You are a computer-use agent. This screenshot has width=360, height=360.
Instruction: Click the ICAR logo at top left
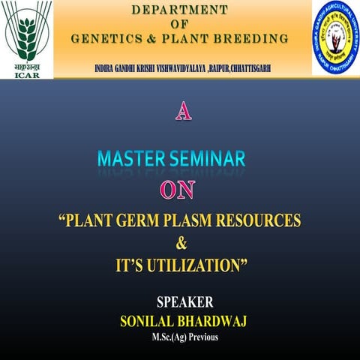click(x=26, y=37)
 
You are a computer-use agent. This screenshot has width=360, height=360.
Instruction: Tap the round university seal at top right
click(x=335, y=37)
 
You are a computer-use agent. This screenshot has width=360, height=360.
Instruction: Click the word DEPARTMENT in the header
click(x=179, y=10)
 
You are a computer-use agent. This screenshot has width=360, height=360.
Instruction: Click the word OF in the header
click(x=179, y=24)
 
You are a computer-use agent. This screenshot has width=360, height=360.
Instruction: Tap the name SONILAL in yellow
click(x=149, y=320)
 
